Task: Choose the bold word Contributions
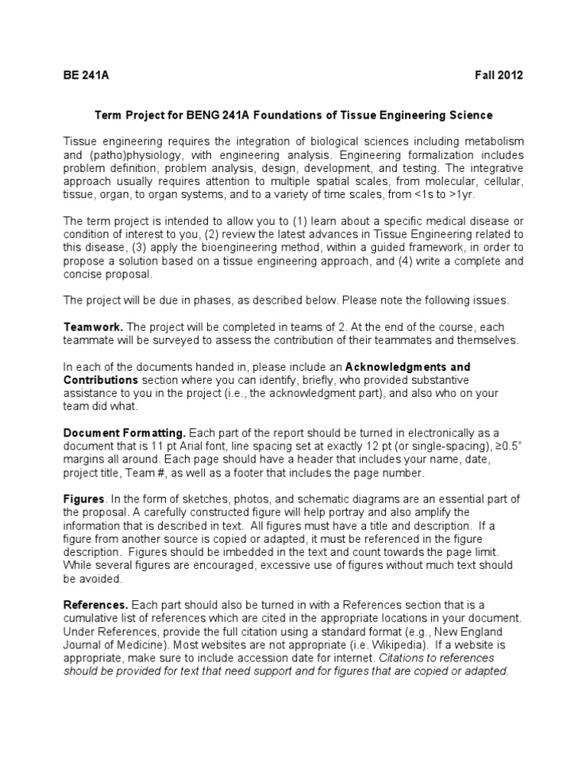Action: (100, 379)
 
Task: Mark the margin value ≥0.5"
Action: (505, 447)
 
